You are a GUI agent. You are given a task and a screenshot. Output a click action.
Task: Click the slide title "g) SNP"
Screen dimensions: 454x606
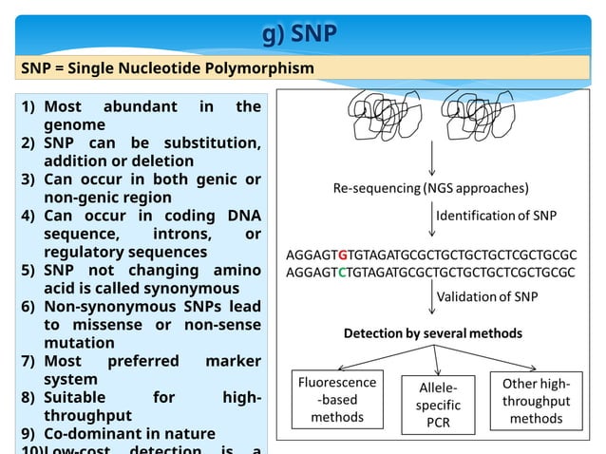299,34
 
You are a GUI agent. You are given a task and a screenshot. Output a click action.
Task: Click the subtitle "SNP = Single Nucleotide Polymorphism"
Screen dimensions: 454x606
168,68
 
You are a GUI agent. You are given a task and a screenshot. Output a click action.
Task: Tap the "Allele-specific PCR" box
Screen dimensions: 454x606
438,406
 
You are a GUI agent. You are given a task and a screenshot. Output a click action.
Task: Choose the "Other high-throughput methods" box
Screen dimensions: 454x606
537,400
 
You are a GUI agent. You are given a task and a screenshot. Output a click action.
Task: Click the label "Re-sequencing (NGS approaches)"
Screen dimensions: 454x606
430,187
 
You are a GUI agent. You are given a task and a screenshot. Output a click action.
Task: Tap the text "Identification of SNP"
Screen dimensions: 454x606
496,216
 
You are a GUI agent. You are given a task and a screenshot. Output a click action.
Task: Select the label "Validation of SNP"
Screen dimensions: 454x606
486,297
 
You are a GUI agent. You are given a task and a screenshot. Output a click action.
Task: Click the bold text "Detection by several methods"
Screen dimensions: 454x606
432,333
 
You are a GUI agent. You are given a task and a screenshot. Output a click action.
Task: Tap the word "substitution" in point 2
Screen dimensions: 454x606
213,143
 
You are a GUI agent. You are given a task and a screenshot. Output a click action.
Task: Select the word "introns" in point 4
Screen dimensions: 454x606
180,234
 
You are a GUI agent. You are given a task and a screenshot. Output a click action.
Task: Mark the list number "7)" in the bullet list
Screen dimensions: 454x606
28,361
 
